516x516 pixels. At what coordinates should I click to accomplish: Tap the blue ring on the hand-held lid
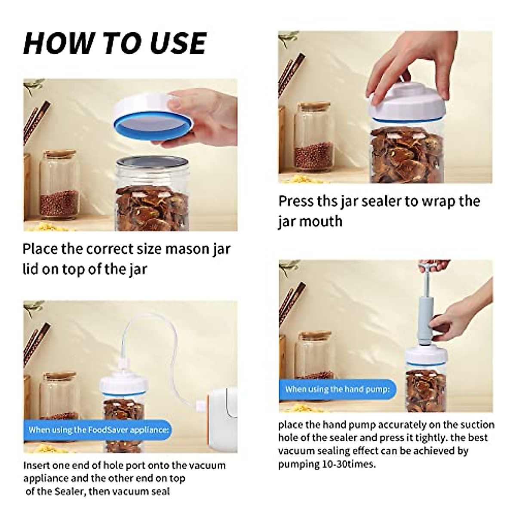[x=153, y=126]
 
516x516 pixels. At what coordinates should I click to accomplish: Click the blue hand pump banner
[x=338, y=389]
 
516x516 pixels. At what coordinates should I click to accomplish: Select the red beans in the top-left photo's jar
[x=59, y=203]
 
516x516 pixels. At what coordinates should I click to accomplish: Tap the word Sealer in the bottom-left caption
[x=70, y=491]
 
